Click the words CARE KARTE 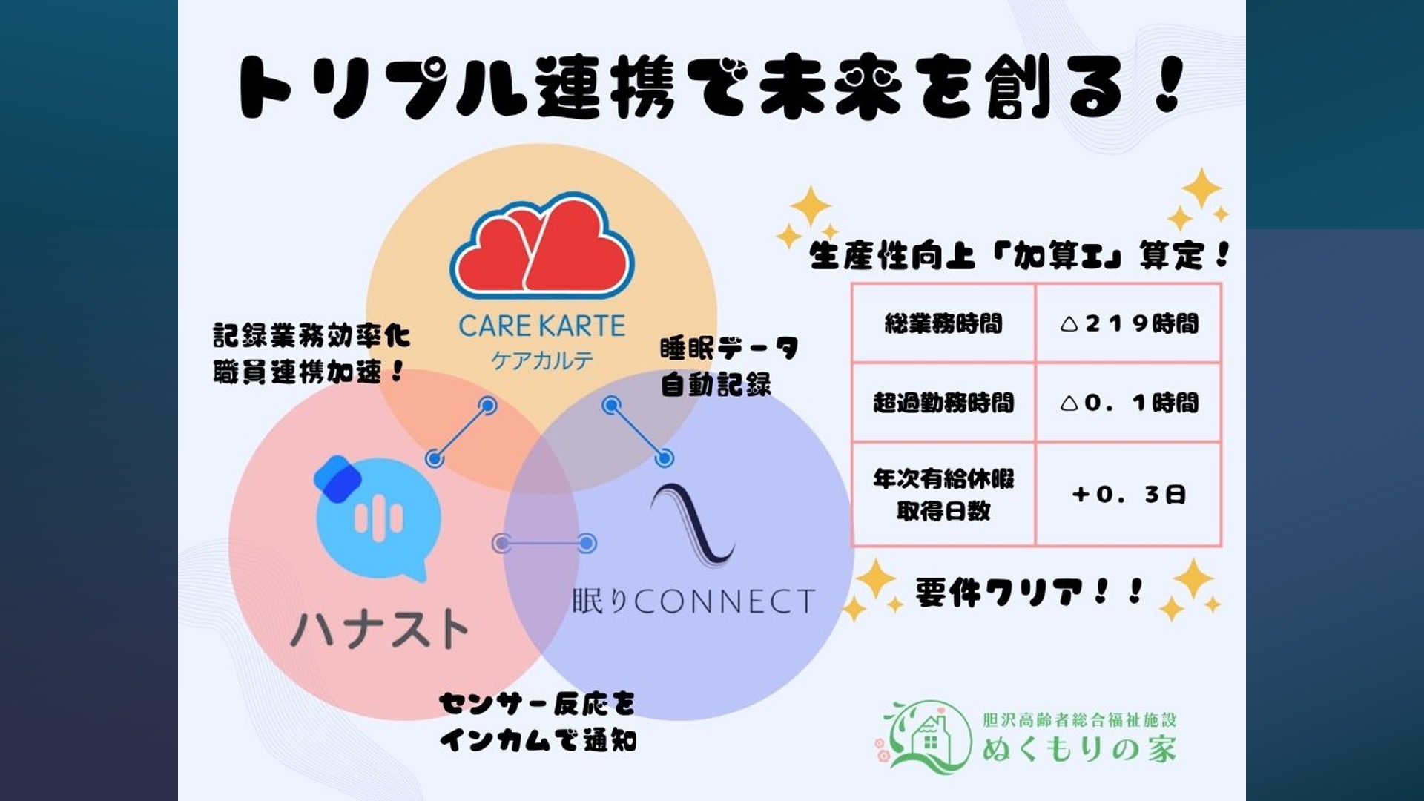coord(542,326)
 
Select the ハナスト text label coord(380,629)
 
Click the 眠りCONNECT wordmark coord(693,601)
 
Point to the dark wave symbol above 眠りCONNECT coord(691,525)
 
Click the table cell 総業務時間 coord(943,323)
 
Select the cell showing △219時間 coord(1129,323)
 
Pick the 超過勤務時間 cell coord(943,403)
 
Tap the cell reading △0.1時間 coord(1129,403)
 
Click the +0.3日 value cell coord(1129,495)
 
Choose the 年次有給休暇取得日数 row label coord(943,495)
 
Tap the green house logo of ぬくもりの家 coord(925,737)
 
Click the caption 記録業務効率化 coord(311,335)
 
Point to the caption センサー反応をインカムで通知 coord(538,722)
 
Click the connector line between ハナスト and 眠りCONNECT coord(544,544)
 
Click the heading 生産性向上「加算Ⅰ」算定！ coord(1020,256)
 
